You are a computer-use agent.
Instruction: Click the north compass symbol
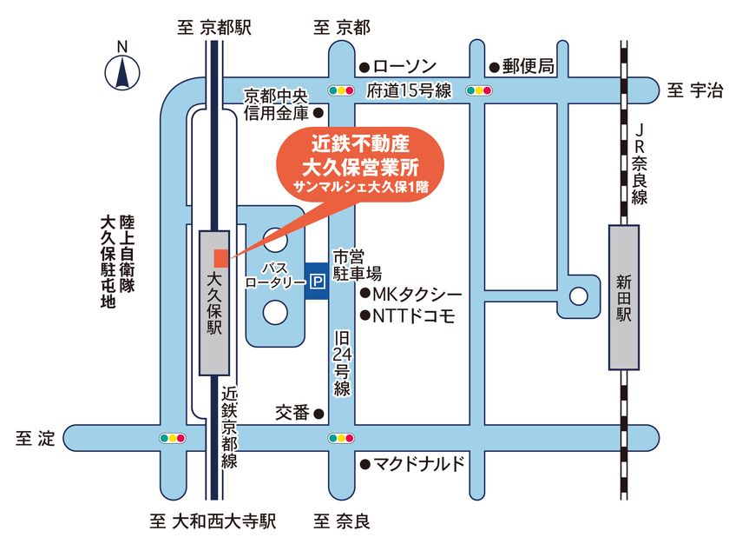[x=122, y=70]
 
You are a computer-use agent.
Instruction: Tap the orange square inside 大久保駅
[x=221, y=257]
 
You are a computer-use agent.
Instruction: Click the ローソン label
[x=404, y=67]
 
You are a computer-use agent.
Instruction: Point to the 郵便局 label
[x=527, y=66]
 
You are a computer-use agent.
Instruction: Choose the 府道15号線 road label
[x=409, y=90]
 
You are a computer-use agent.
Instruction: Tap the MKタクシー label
[x=417, y=295]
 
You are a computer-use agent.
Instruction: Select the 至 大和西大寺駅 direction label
[x=213, y=522]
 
